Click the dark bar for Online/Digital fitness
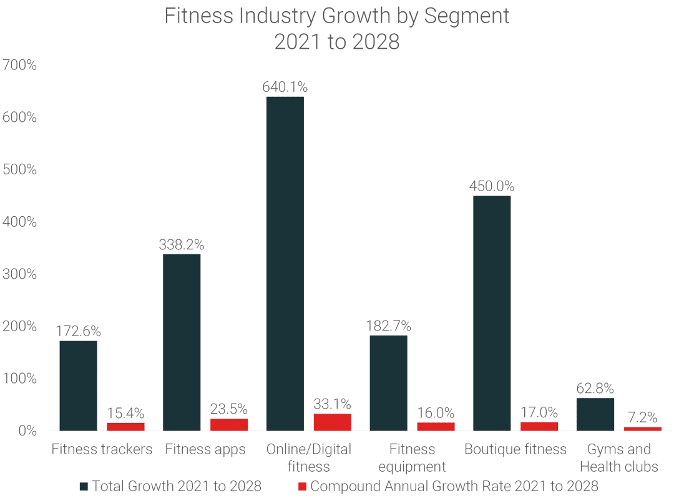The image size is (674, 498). pos(285,263)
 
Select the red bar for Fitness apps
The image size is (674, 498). pos(228,424)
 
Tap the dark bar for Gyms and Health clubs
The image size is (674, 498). pos(595,414)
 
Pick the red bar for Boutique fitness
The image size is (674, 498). pos(539,426)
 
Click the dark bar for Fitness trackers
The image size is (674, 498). pos(78,386)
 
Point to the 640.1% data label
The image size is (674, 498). pos(285,87)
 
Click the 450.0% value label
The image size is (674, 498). pos(492,186)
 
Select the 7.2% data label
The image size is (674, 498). pos(642,417)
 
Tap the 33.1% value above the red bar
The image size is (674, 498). pos(332,404)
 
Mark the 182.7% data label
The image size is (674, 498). pos(388,326)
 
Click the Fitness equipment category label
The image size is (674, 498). pos(412,458)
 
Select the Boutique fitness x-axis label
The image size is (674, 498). pos(515,449)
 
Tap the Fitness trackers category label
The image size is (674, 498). pos(102,449)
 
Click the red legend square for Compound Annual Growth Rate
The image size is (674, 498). pos(303,486)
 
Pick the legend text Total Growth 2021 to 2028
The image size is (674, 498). pos(177,486)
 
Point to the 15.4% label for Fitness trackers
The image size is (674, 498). pos(125,413)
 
